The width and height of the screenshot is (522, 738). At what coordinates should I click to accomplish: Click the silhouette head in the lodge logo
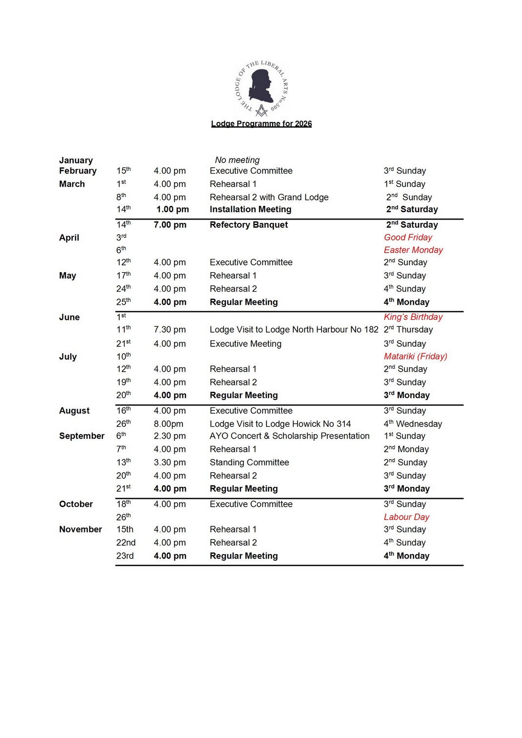(x=261, y=85)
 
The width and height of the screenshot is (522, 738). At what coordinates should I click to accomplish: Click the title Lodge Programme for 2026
(x=261, y=124)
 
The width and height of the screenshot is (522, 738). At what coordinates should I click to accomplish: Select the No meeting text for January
(x=237, y=160)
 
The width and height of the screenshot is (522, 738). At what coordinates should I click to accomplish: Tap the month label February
(x=78, y=171)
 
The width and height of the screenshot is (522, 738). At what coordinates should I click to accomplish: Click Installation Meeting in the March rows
(x=250, y=209)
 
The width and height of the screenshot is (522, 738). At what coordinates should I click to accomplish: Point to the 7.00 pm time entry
(x=170, y=225)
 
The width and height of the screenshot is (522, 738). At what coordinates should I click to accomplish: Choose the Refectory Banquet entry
(x=249, y=225)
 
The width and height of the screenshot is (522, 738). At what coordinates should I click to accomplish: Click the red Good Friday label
(x=408, y=238)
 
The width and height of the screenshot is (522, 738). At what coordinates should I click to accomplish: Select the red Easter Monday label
(x=413, y=250)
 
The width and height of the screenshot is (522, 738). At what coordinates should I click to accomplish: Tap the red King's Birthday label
(x=413, y=317)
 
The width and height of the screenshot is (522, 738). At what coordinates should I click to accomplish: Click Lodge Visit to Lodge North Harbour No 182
(x=294, y=330)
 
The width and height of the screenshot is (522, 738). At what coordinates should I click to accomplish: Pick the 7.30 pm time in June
(x=170, y=330)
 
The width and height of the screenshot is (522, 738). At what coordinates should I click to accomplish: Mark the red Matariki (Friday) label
(x=415, y=357)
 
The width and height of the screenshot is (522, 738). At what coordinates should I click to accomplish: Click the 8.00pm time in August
(x=168, y=424)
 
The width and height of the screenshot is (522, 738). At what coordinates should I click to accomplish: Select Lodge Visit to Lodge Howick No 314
(x=280, y=424)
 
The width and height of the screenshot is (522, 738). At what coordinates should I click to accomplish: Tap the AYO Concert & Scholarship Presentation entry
(x=289, y=436)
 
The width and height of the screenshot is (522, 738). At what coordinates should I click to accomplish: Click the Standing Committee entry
(x=249, y=462)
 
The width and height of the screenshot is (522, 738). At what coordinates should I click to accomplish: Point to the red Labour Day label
(x=406, y=517)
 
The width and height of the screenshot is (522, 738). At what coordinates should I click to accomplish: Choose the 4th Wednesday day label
(x=413, y=424)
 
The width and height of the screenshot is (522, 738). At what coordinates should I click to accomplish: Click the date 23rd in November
(x=125, y=556)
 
